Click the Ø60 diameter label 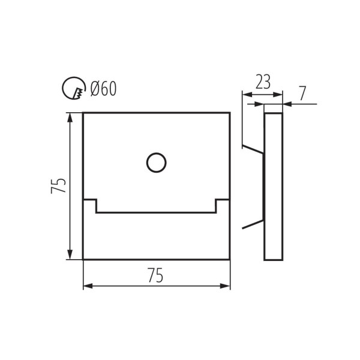103,89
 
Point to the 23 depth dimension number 262,82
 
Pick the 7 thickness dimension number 302,93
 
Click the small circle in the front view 156,163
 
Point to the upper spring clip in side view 252,148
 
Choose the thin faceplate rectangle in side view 274,186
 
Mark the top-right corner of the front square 230,112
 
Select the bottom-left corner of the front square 83,259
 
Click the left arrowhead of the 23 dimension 245,94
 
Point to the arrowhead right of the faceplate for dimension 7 286,104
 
